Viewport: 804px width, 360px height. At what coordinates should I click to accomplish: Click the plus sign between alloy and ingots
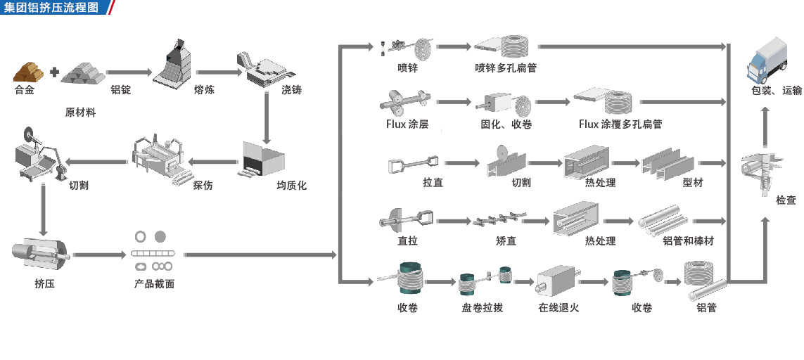click(x=54, y=71)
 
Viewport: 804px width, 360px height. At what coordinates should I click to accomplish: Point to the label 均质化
click(x=291, y=186)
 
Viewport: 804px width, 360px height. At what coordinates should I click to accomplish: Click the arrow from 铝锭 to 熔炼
click(x=129, y=72)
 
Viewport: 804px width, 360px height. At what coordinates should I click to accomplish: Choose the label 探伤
click(x=203, y=186)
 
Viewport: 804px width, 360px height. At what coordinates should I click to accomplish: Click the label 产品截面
click(x=154, y=285)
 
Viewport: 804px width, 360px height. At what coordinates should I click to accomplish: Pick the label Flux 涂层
click(x=407, y=124)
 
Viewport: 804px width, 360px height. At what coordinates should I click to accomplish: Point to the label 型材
click(x=692, y=183)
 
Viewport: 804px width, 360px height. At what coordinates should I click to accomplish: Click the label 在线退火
click(x=559, y=307)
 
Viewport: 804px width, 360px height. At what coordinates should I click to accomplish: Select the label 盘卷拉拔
click(x=482, y=307)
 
